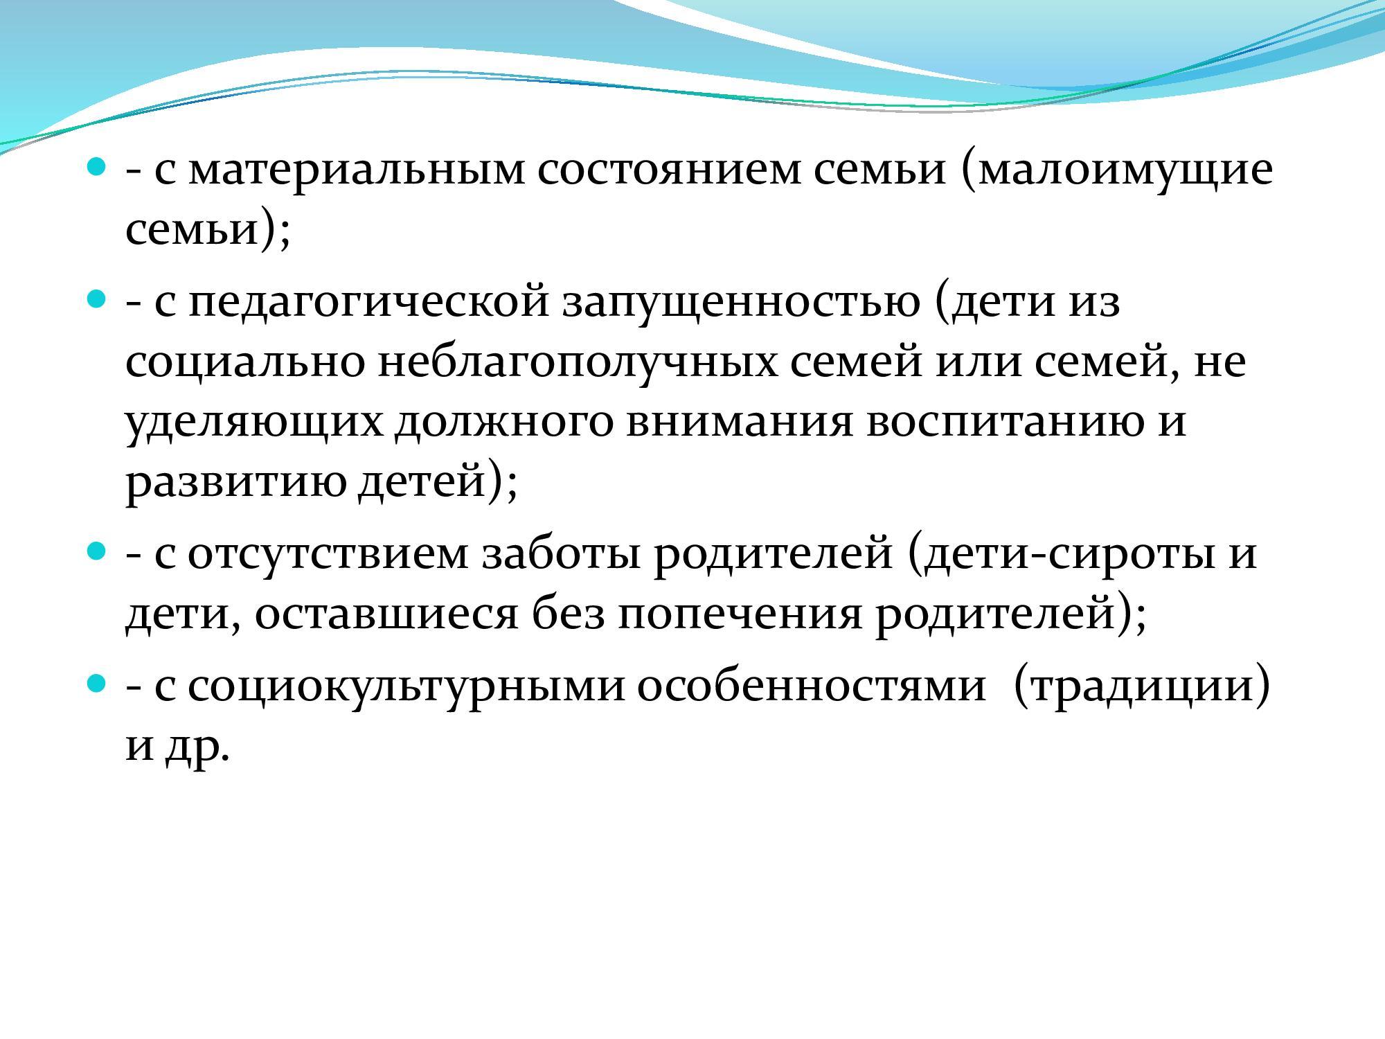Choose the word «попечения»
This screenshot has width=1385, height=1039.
click(739, 614)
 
